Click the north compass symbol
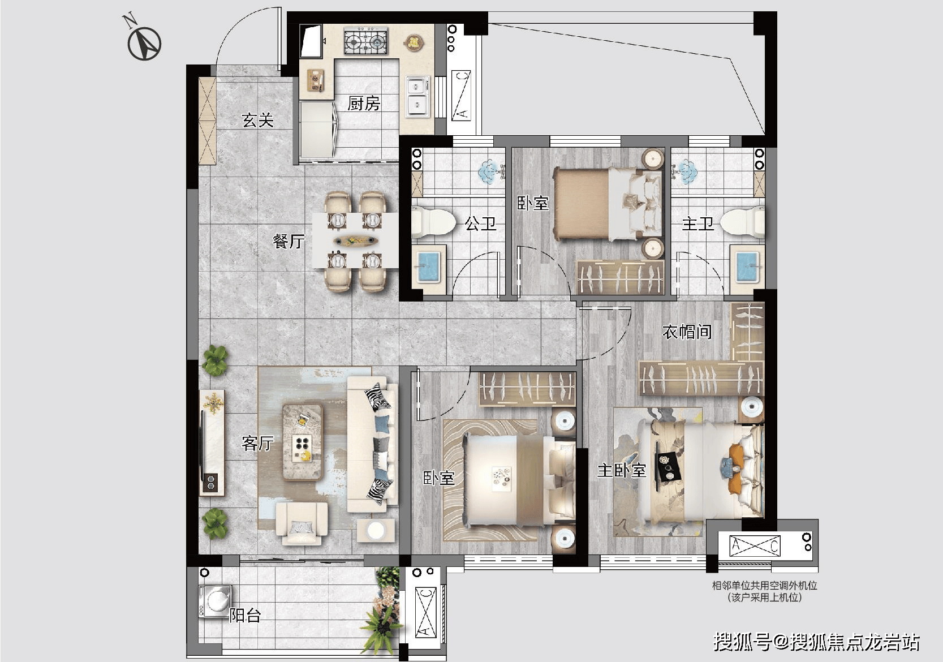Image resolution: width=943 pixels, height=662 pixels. click(144, 44)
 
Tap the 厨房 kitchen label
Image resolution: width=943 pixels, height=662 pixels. click(364, 104)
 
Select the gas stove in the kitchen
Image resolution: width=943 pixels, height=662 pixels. click(366, 41)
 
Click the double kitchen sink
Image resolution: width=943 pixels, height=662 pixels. click(417, 96)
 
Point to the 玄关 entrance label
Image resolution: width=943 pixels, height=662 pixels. click(257, 121)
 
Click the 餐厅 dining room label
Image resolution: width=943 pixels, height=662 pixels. click(289, 241)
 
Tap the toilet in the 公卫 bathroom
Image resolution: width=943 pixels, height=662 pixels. click(434, 222)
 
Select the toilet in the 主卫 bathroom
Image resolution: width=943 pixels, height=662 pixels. click(743, 222)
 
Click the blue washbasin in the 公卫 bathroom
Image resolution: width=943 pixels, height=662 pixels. click(428, 266)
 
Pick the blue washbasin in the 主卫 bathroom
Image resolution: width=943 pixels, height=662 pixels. click(748, 266)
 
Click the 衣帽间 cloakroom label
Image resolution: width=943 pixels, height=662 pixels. click(687, 332)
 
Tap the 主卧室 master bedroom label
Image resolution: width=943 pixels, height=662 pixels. click(621, 470)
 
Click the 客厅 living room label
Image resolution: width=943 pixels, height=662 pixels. click(257, 443)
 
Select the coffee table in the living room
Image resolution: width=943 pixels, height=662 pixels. click(302, 442)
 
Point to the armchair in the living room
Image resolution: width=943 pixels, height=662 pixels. click(302, 523)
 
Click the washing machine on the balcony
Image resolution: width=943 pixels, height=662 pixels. click(215, 601)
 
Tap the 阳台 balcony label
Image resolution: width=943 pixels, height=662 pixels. click(245, 616)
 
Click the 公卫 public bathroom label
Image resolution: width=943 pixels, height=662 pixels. click(480, 223)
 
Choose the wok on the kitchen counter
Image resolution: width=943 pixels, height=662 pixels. click(414, 43)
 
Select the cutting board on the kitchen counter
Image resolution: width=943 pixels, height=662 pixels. click(315, 80)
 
